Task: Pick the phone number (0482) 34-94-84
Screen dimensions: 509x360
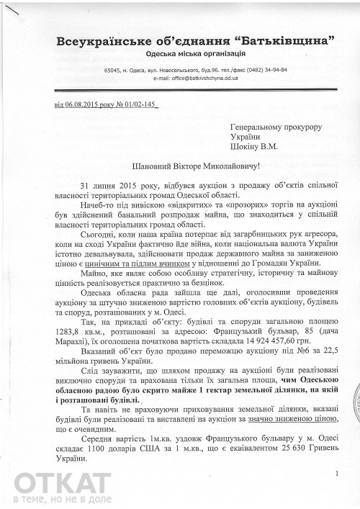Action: coord(271,70)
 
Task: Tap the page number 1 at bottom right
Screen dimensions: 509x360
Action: coord(337,473)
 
